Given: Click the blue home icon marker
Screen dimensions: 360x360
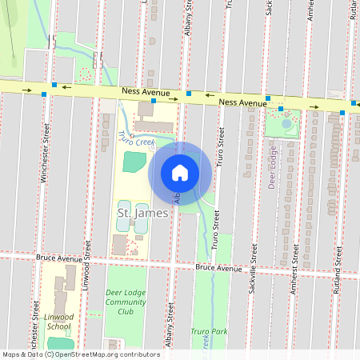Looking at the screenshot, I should pos(180,172).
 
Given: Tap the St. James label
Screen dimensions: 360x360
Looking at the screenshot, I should pos(131,213).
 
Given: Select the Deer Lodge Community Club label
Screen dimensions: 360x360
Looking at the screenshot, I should pos(126,302).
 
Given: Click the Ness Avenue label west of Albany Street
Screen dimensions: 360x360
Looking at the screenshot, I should pos(146,93).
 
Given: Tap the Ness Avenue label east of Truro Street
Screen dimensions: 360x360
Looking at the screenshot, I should pos(242,102).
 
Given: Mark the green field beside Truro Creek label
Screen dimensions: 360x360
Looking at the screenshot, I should pos(135,160).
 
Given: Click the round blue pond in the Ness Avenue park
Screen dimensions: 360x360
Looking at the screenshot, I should pos(287,123).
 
